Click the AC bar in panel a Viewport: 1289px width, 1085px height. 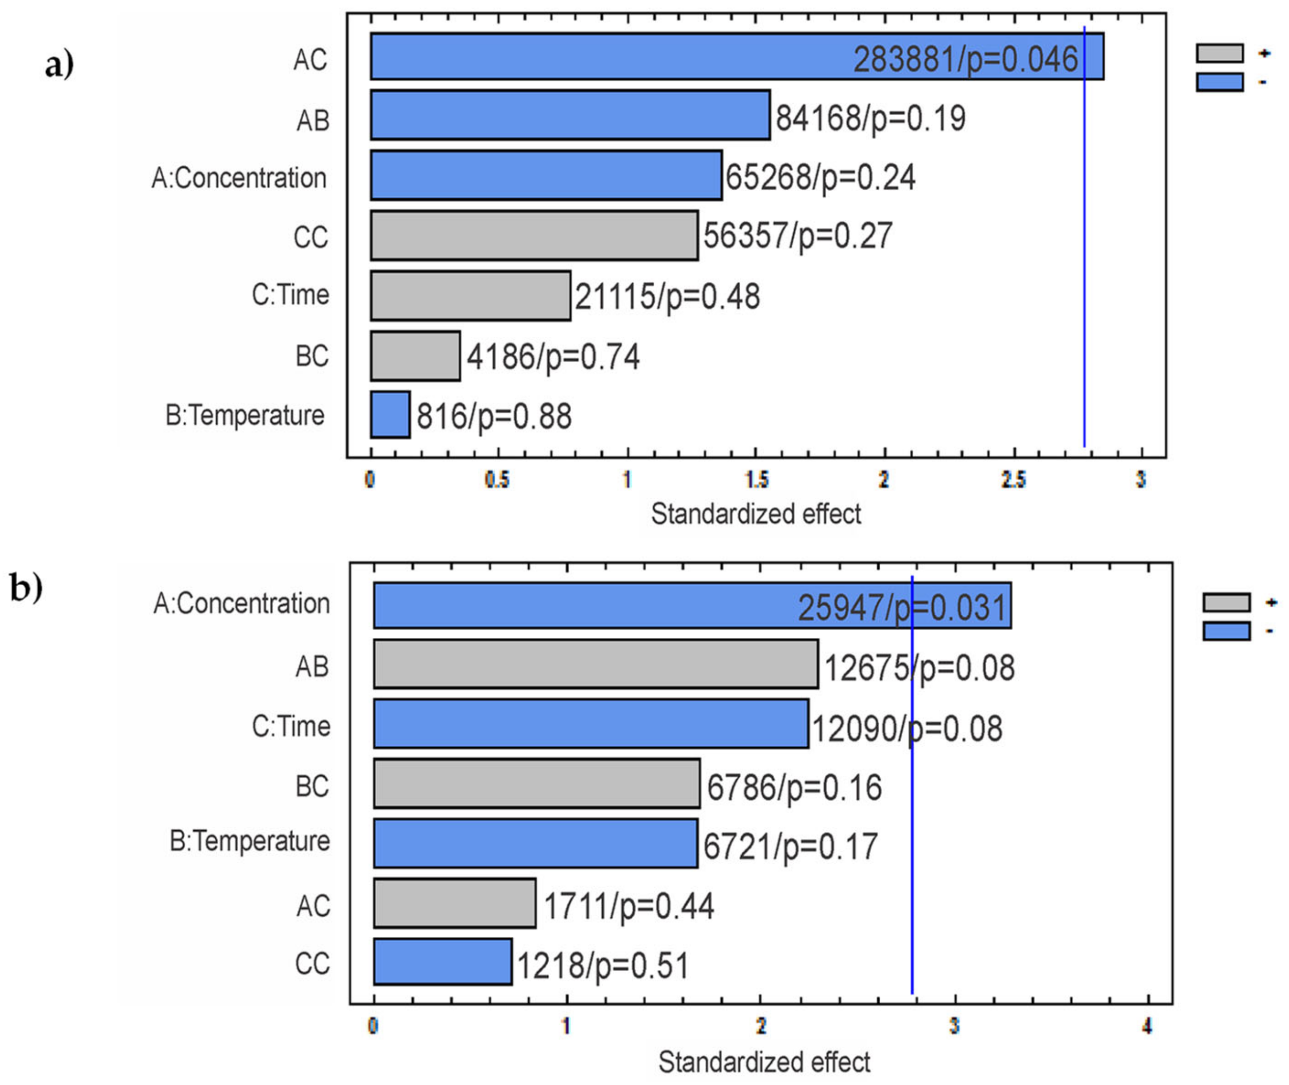(x=615, y=56)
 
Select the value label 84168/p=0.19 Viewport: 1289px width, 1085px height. (x=870, y=118)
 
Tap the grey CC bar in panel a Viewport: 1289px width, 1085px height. (x=534, y=236)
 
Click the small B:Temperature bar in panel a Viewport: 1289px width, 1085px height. (x=390, y=415)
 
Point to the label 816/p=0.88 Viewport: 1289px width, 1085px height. (x=494, y=417)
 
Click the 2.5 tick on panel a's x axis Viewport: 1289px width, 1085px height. (x=1013, y=479)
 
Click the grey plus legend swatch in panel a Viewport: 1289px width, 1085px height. (x=1219, y=53)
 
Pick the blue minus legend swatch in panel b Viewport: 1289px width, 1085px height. (x=1226, y=631)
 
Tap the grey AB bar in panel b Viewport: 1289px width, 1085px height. (x=595, y=664)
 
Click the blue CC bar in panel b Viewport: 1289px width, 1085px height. (x=442, y=962)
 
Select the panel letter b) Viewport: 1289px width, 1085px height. (x=26, y=587)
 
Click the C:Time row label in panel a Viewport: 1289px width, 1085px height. (x=290, y=295)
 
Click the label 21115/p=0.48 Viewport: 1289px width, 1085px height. (x=667, y=297)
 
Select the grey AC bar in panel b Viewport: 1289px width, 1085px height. (x=454, y=903)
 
